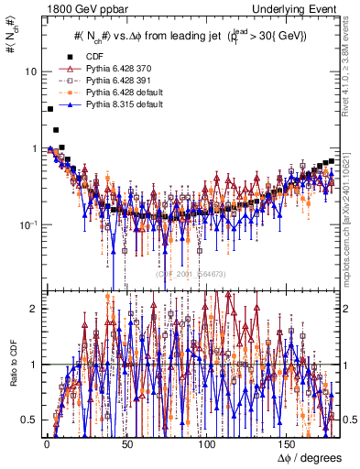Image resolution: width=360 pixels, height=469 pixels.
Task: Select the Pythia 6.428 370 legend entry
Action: [120, 69]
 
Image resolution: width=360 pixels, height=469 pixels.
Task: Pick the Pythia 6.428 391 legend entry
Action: [120, 81]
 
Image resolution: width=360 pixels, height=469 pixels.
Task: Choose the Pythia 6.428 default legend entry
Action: [123, 93]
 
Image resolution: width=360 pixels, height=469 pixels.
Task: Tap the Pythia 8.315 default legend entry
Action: [123, 104]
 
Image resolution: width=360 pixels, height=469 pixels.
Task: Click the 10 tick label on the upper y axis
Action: [31, 71]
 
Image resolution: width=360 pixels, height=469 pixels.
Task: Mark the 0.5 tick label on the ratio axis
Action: [31, 420]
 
